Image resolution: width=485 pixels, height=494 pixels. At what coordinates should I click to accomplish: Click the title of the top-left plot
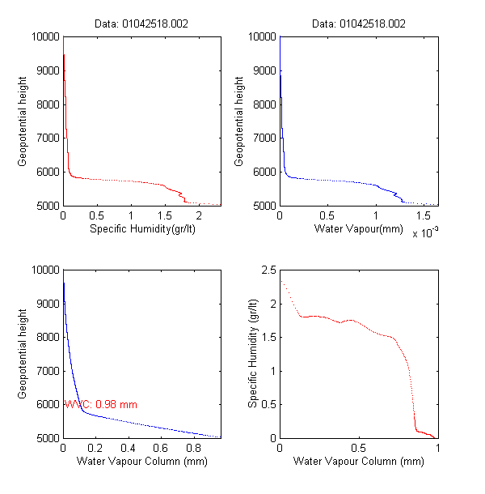pyautogui.click(x=142, y=24)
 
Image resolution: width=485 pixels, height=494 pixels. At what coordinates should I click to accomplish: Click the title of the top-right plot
pyautogui.click(x=359, y=24)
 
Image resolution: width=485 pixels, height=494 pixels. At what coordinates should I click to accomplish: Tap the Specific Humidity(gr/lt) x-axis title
pyautogui.click(x=142, y=229)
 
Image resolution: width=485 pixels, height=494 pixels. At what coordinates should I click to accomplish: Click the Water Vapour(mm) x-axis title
pyautogui.click(x=359, y=229)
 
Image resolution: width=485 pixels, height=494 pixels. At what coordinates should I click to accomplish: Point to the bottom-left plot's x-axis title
pyautogui.click(x=142, y=462)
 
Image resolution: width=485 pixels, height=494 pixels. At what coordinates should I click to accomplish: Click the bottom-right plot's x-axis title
pyautogui.click(x=359, y=462)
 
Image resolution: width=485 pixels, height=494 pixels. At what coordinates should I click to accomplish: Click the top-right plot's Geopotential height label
pyautogui.click(x=239, y=121)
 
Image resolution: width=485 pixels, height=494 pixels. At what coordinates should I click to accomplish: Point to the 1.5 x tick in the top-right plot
pyautogui.click(x=424, y=216)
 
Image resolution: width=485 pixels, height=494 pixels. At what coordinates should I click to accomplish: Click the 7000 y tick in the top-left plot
pyautogui.click(x=48, y=138)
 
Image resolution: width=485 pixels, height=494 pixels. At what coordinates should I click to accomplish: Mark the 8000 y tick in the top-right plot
pyautogui.click(x=264, y=104)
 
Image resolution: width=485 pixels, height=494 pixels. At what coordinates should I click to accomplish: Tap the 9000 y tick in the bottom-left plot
pyautogui.click(x=48, y=304)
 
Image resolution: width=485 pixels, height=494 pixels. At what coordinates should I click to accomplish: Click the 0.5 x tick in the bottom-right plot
pyautogui.click(x=359, y=449)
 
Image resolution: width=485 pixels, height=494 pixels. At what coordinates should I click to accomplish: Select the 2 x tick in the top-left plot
pyautogui.click(x=197, y=216)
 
